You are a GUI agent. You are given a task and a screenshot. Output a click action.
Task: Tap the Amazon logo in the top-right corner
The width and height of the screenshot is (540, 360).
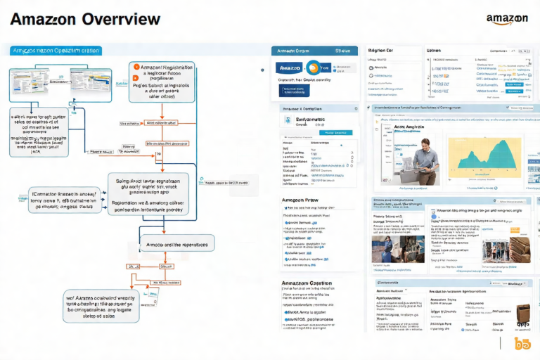507,18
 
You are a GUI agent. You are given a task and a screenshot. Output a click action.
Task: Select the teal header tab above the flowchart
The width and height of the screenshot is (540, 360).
56,51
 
